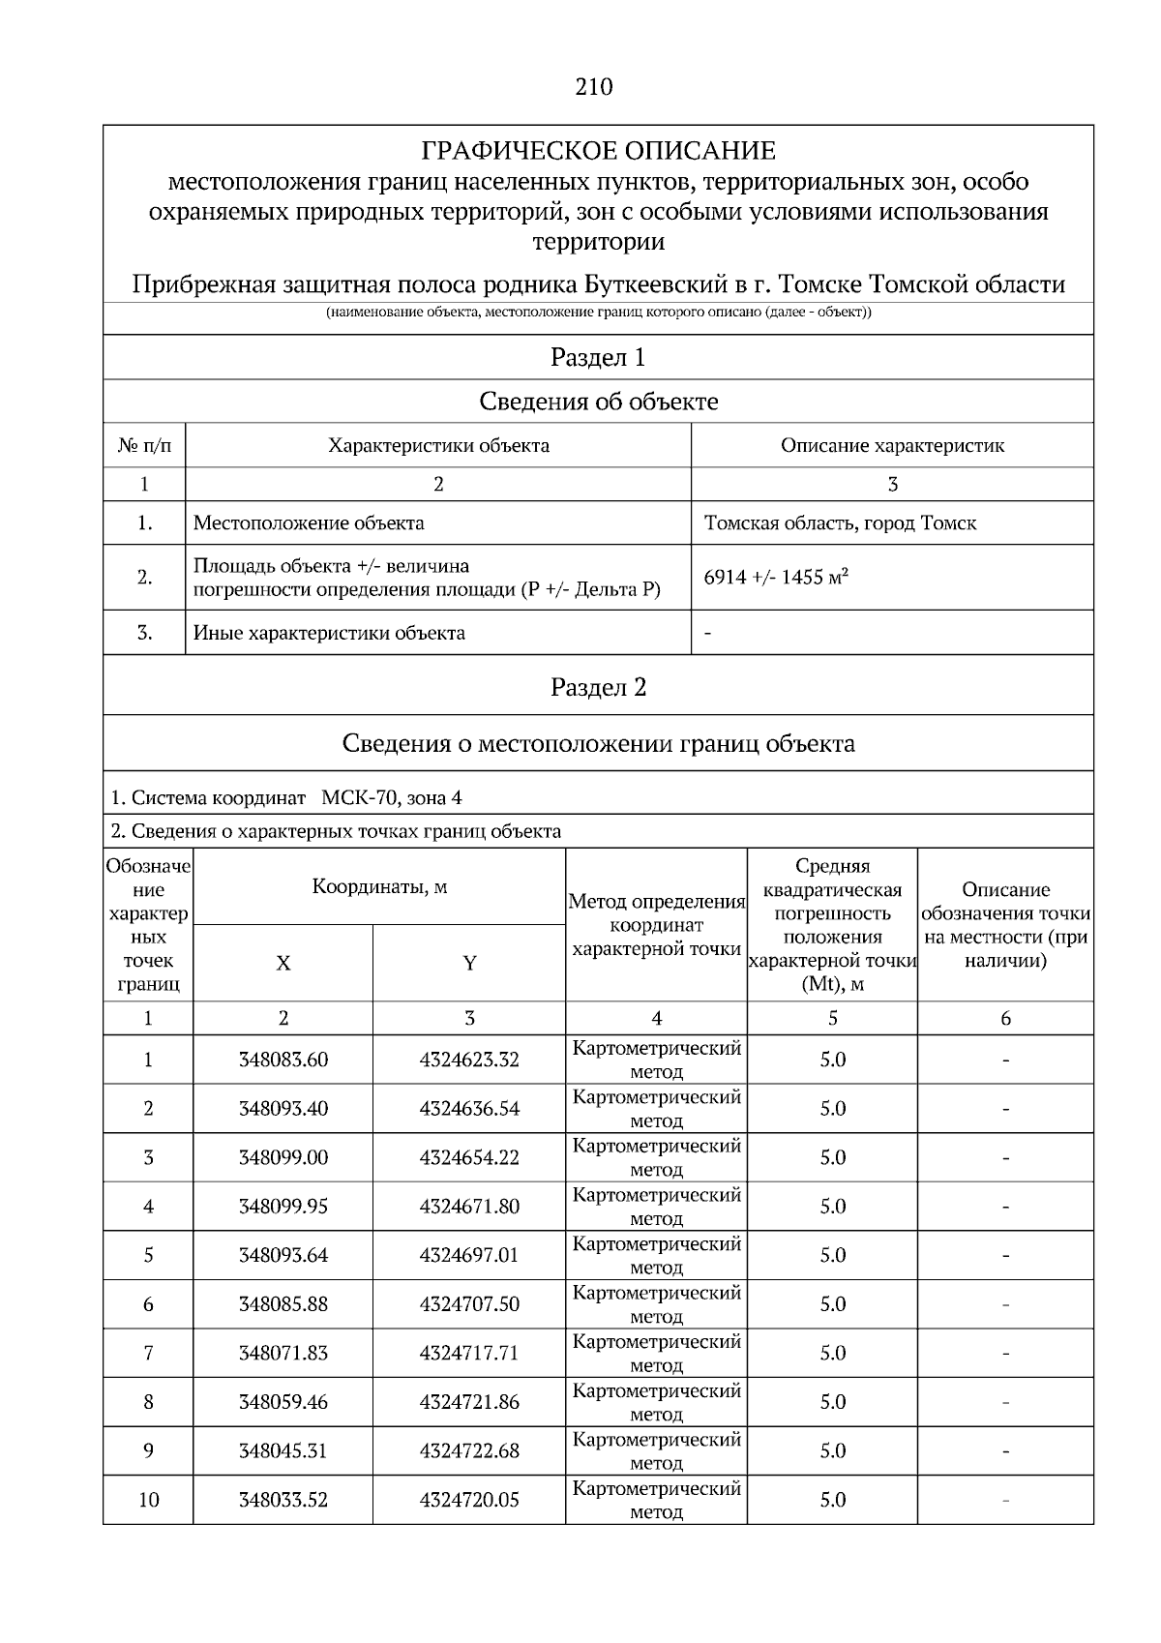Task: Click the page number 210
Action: tap(593, 87)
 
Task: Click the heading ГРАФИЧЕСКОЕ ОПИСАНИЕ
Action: tap(598, 151)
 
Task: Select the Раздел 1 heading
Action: tap(598, 358)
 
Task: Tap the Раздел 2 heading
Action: tap(598, 688)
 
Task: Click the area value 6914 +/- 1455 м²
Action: tap(776, 578)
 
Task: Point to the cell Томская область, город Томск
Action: tap(840, 523)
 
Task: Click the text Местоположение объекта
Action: tap(309, 523)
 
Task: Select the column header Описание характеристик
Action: tap(892, 446)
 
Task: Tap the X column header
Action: tap(283, 964)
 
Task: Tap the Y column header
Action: tap(469, 964)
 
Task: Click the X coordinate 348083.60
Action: tap(283, 1060)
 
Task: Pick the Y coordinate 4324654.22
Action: tap(469, 1158)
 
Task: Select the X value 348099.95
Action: tap(283, 1207)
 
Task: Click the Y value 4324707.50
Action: tap(469, 1304)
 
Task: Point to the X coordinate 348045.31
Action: tap(283, 1451)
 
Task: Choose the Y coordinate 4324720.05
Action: tap(469, 1501)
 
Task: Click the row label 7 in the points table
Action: tap(148, 1354)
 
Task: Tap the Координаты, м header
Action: tap(379, 887)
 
